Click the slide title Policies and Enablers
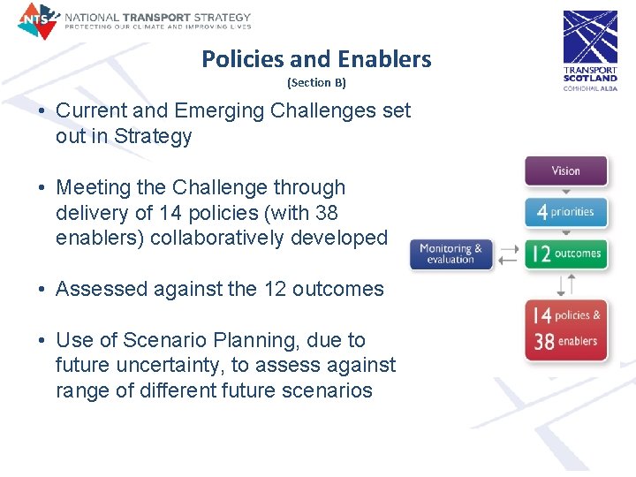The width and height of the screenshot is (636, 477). (x=316, y=59)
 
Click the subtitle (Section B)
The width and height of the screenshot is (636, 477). (x=316, y=83)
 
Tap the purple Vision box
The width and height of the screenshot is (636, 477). (x=566, y=170)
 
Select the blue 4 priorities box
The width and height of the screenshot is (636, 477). (x=566, y=212)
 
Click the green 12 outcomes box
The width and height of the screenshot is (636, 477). (x=566, y=254)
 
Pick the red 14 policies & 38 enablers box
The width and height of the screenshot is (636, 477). (x=566, y=329)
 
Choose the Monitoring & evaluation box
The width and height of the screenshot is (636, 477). (x=450, y=254)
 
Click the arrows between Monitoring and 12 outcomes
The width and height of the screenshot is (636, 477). (x=509, y=254)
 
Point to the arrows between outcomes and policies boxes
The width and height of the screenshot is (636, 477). (x=566, y=284)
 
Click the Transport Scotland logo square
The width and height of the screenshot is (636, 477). (x=590, y=37)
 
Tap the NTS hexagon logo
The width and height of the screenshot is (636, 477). (x=37, y=20)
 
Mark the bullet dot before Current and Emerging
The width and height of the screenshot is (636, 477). (x=42, y=111)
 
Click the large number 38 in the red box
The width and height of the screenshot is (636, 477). (x=544, y=342)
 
